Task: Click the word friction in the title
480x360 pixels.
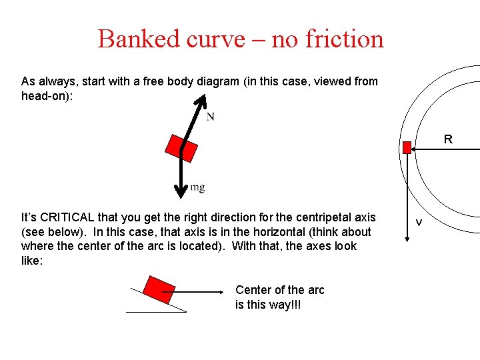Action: click(345, 39)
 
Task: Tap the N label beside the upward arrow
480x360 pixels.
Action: click(210, 117)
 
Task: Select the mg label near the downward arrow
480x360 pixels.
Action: click(197, 187)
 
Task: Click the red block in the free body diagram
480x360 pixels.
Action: click(182, 148)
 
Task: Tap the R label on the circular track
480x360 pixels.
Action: click(448, 139)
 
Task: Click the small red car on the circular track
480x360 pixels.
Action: click(407, 148)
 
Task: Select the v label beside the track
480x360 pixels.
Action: click(419, 222)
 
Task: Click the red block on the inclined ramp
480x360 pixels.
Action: click(159, 289)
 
